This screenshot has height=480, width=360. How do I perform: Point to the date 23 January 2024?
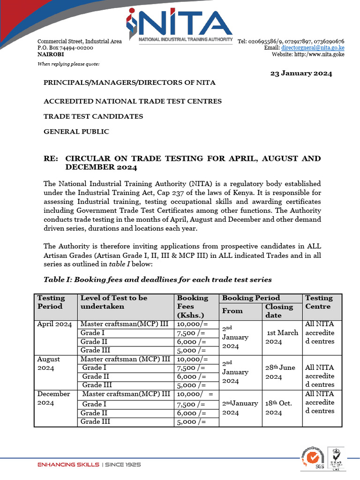301,73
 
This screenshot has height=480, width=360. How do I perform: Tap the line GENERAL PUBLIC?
76,132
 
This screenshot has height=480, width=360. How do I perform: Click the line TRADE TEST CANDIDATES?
93,116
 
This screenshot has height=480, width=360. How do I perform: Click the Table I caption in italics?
157,279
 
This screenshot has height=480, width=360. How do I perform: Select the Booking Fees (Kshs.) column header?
193,307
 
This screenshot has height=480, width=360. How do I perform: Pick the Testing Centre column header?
319,302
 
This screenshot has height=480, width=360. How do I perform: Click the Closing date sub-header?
279,311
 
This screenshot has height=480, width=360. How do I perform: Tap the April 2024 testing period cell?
54,324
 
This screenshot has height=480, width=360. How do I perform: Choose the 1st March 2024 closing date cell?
282,337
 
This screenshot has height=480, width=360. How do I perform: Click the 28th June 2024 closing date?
280,372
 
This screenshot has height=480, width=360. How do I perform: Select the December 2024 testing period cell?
53,398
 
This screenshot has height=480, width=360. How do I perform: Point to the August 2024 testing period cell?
49,363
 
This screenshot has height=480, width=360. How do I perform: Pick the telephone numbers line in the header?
291,41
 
